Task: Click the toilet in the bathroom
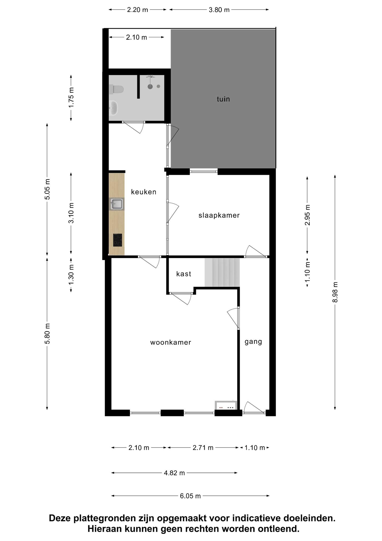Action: point(116,89)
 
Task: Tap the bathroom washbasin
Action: point(113,108)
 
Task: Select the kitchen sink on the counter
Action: point(117,204)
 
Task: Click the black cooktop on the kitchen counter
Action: point(118,240)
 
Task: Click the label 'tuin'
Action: point(223,99)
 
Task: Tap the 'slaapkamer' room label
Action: point(219,215)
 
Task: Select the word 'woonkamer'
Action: point(171,342)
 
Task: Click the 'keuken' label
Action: point(144,192)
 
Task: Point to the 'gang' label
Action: point(253,342)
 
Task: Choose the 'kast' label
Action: point(184,274)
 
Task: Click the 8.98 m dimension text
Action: point(335,292)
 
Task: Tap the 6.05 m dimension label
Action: point(190,496)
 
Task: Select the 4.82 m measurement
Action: point(174,473)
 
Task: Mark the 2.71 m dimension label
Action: point(203,447)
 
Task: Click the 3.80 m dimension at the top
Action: point(219,10)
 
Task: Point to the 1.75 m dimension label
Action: point(71,97)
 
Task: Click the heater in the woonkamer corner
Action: point(226,405)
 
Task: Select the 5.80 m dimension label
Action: point(47,334)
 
